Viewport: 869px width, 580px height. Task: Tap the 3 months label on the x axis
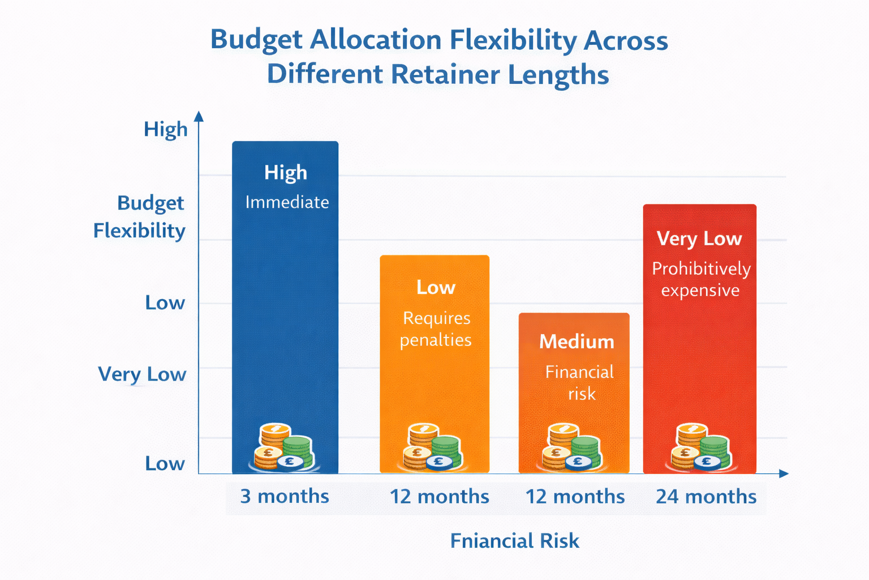tap(285, 497)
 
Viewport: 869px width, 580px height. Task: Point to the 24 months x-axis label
tap(706, 497)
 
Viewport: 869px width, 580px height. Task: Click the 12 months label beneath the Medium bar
tap(575, 497)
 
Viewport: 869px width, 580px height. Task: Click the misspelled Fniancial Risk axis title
tap(514, 541)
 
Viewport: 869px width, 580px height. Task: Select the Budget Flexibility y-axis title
tap(140, 217)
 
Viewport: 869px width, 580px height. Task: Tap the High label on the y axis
tap(165, 129)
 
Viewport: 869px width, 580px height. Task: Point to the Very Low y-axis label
tap(142, 374)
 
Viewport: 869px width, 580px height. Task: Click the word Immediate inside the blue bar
tap(287, 202)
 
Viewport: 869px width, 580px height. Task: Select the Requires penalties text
tap(436, 329)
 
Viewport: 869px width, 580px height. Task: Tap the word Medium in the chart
tap(577, 342)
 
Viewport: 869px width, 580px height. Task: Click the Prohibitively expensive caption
tap(701, 279)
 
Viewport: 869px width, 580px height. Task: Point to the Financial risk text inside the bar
tap(580, 383)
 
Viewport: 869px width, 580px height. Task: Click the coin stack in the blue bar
tap(283, 447)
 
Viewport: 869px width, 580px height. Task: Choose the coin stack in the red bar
tap(700, 447)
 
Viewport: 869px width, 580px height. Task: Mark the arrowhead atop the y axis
tap(199, 116)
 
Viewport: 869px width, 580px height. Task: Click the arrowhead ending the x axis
tap(784, 474)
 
